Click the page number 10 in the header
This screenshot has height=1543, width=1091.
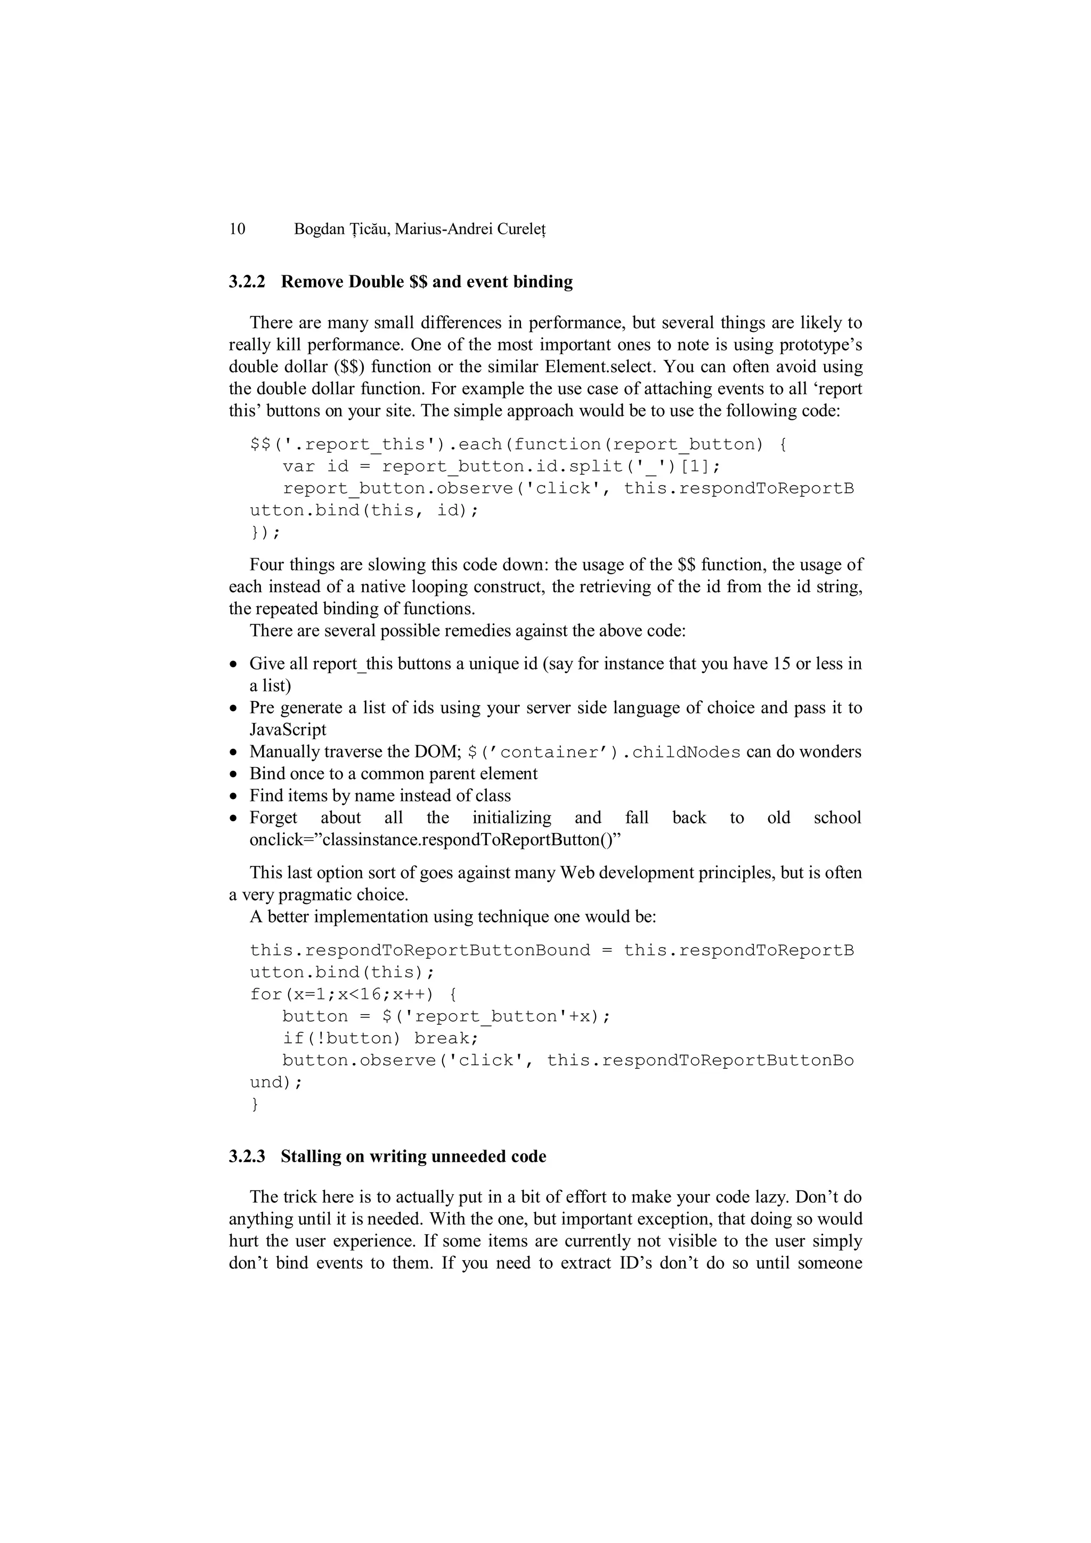pos(237,229)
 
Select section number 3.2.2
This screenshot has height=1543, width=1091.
pos(247,282)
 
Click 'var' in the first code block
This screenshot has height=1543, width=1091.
pos(298,467)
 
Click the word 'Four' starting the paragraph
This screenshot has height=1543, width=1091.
pos(267,565)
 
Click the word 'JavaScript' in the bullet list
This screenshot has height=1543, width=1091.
pos(288,730)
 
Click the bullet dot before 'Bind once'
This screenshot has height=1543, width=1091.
pos(233,775)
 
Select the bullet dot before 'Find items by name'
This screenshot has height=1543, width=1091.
pos(233,797)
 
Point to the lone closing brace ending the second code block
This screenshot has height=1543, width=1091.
pos(255,1104)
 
